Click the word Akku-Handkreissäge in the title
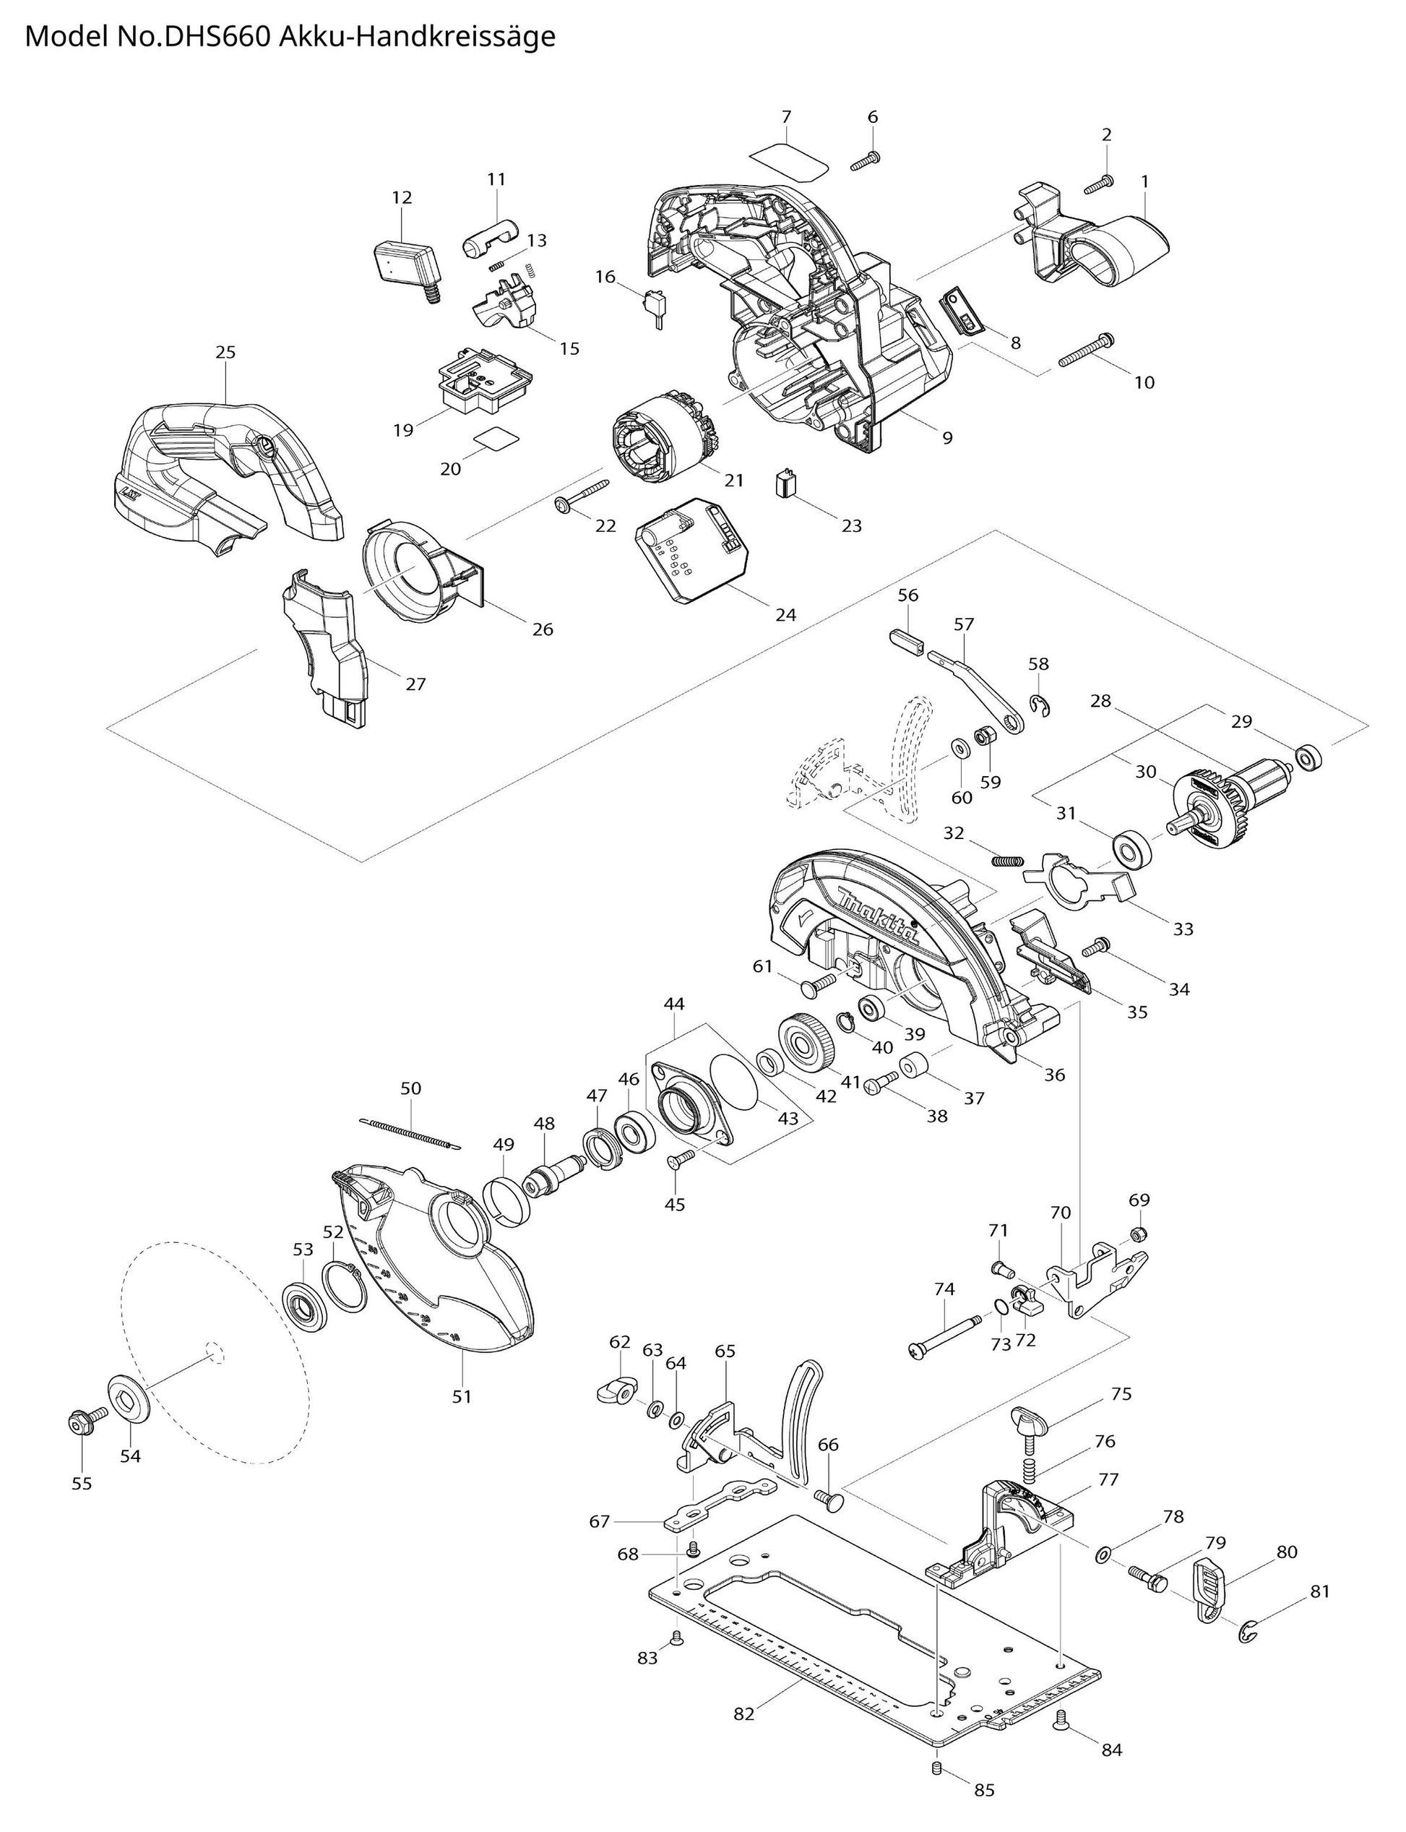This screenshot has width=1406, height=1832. [417, 38]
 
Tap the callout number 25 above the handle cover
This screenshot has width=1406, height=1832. [225, 353]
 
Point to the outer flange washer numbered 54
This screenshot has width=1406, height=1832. [128, 1397]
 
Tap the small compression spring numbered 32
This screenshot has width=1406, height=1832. [1009, 859]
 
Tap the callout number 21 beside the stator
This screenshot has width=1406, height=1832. [734, 480]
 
